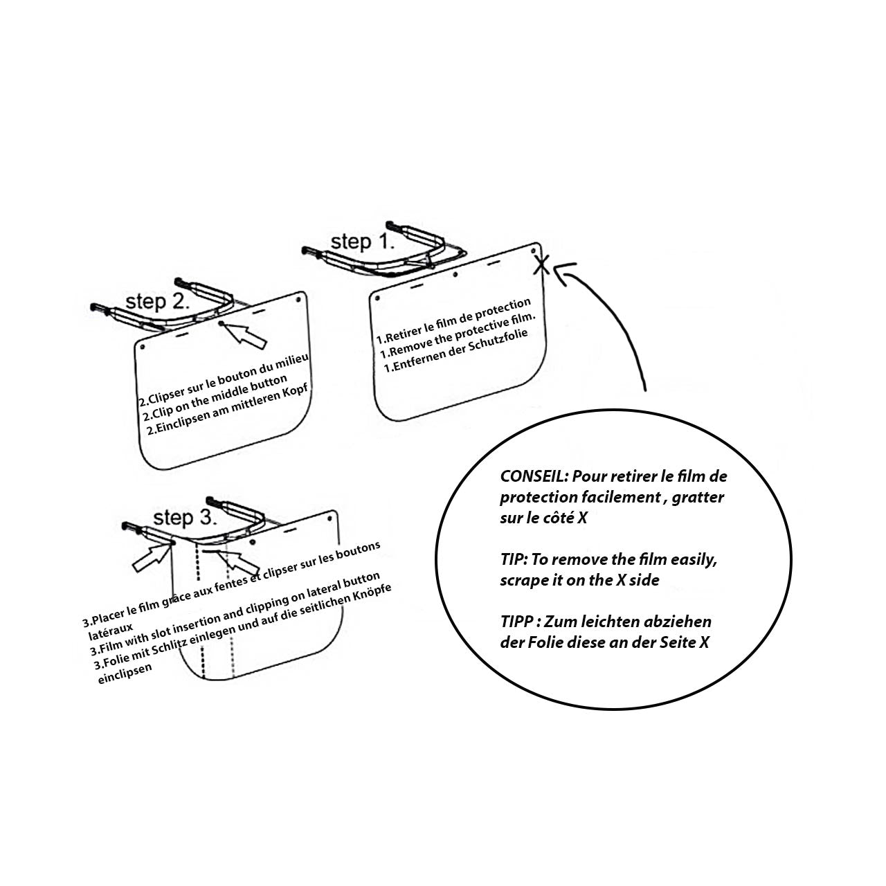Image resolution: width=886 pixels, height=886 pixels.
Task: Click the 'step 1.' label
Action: (x=362, y=242)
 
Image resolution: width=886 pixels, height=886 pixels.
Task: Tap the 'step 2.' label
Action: (x=156, y=302)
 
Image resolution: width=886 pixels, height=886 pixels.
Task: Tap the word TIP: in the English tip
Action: (x=514, y=559)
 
